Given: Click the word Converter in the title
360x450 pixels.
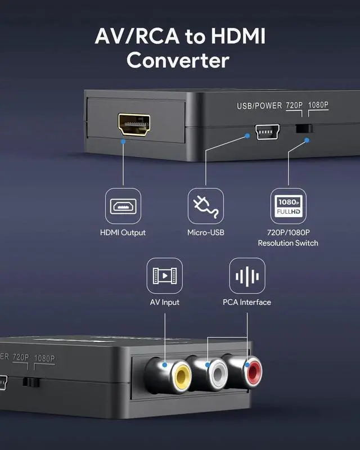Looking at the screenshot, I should pyautogui.click(x=179, y=60).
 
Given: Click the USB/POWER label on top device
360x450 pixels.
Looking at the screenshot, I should pyautogui.click(x=258, y=105).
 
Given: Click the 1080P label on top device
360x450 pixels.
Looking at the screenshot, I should pyautogui.click(x=318, y=105).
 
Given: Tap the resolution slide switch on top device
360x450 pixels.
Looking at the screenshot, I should pyautogui.click(x=303, y=128).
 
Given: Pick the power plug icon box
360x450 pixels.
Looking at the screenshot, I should pyautogui.click(x=205, y=206).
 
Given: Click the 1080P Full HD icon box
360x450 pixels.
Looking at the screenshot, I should pyautogui.click(x=287, y=206).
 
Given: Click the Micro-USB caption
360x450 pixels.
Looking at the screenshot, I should pyautogui.click(x=205, y=232).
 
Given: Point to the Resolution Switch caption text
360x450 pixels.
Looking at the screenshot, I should pyautogui.click(x=287, y=243).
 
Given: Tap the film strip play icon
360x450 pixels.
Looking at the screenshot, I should pyautogui.click(x=165, y=276).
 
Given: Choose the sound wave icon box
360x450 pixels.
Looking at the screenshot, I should pyautogui.click(x=247, y=276).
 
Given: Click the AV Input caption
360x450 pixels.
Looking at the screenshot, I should pyautogui.click(x=165, y=302).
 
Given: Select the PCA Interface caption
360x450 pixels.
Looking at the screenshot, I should pyautogui.click(x=247, y=302).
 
